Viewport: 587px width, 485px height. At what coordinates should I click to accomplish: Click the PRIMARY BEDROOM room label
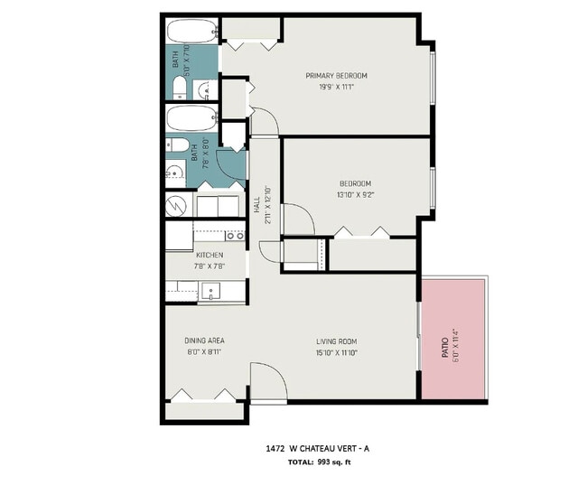pyautogui.click(x=336, y=75)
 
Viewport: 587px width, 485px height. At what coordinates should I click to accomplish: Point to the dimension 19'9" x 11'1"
pyautogui.click(x=336, y=87)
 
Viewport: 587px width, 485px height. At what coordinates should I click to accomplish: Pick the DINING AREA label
pyautogui.click(x=204, y=340)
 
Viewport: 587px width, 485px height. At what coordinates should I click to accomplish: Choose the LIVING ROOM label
pyautogui.click(x=336, y=341)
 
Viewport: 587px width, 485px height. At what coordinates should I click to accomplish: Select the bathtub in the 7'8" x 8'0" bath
pyautogui.click(x=191, y=117)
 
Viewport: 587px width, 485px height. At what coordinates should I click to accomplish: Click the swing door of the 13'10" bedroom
pyautogui.click(x=298, y=219)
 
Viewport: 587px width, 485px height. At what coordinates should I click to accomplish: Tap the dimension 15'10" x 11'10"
pyautogui.click(x=336, y=352)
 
